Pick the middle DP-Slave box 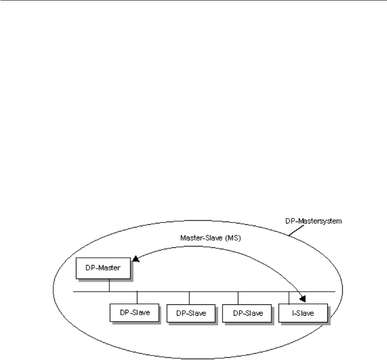pos(189,313)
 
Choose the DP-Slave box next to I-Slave pos(246,313)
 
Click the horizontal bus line pos(203,292)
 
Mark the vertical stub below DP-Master pos(109,286)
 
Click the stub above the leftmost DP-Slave pos(137,298)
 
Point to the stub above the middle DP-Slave pos(189,298)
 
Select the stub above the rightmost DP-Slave pos(238,298)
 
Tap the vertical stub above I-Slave pos(289,298)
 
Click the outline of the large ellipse pos(54,289)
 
